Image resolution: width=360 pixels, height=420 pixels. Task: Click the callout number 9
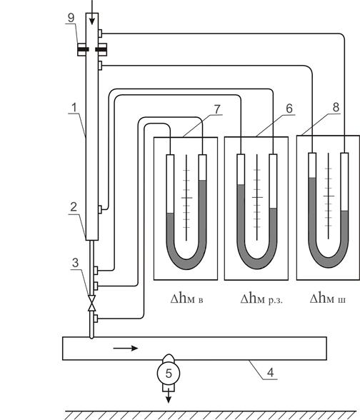coord(71,18)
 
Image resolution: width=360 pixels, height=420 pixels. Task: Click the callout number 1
coord(74,107)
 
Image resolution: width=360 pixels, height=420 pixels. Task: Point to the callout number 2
coord(74,207)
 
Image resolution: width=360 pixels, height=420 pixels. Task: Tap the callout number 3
coord(76,263)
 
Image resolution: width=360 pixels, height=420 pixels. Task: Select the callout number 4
coord(271,373)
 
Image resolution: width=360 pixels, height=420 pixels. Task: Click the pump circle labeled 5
coord(169,373)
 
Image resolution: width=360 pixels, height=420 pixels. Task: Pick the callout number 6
coord(289,109)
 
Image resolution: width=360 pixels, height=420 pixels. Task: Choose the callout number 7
coord(217,109)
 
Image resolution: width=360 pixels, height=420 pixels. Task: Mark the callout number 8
coord(336,107)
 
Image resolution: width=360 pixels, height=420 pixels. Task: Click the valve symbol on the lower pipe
coord(92,303)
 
